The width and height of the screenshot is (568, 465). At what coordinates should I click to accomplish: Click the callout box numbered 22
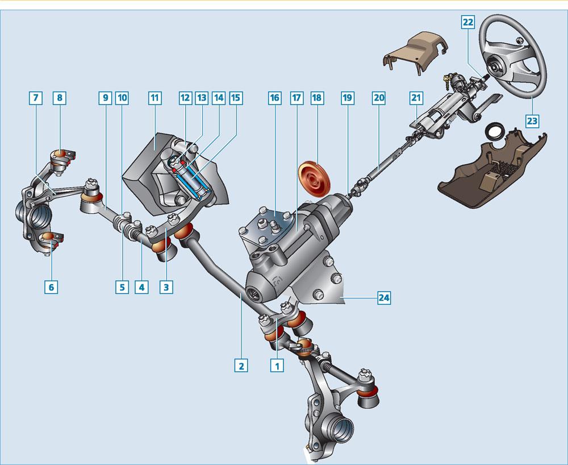pos(468,22)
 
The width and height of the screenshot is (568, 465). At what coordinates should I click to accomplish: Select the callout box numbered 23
pos(532,121)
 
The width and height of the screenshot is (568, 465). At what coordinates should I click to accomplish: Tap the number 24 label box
pos(384,298)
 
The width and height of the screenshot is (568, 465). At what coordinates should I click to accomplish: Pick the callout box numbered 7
pos(35,98)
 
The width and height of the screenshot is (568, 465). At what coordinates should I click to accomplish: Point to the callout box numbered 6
pos(51,288)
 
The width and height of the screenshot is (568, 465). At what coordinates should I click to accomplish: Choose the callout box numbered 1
pos(277,366)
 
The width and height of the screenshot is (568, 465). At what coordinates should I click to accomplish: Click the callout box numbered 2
pos(241,366)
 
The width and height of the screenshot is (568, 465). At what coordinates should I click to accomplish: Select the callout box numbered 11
pos(154,98)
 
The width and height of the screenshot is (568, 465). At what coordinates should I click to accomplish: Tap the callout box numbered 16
pos(274,98)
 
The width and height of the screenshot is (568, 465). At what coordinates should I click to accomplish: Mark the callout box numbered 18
pos(317,98)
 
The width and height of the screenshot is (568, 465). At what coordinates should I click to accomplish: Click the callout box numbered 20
pos(378,98)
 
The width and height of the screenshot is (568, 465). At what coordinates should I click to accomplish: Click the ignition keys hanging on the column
pos(448,82)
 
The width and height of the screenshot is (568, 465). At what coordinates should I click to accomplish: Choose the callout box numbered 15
pos(236,98)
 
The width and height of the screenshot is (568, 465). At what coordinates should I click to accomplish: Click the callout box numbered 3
pos(166,288)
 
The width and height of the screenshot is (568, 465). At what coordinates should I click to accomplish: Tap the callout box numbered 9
pos(105,98)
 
